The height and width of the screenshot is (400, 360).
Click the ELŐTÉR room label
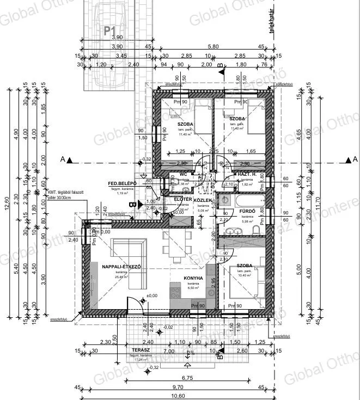[182, 200]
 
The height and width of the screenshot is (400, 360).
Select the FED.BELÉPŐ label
[120, 183]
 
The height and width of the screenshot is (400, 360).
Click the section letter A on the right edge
[347, 159]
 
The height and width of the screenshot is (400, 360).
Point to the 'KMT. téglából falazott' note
[69, 192]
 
